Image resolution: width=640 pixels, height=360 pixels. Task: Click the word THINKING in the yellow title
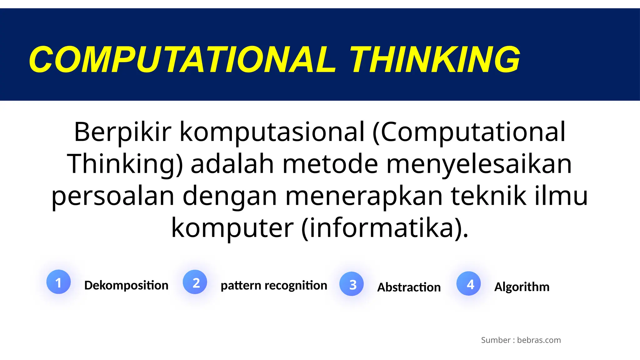click(435, 59)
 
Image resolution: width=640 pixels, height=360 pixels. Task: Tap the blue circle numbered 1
click(58, 282)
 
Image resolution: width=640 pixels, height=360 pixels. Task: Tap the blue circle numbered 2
click(195, 282)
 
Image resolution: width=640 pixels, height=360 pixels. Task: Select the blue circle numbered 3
click(352, 284)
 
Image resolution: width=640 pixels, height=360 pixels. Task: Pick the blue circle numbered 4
click(468, 283)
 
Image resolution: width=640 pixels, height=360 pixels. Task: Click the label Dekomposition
click(126, 285)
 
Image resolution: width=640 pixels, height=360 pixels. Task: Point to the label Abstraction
click(409, 287)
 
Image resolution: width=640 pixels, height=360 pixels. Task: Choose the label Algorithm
click(522, 287)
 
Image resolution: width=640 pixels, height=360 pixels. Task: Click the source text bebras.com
click(539, 340)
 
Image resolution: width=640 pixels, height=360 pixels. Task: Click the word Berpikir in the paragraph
click(122, 132)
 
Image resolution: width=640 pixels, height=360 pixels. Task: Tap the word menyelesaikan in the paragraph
click(479, 164)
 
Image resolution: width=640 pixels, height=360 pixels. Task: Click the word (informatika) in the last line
click(384, 228)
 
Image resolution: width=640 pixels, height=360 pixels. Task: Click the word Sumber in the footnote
click(496, 340)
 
